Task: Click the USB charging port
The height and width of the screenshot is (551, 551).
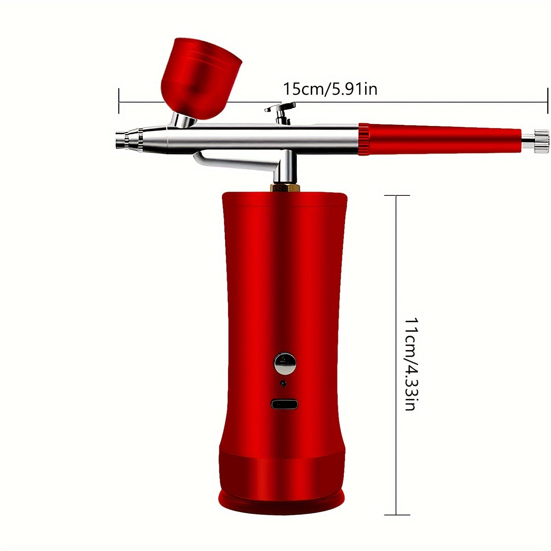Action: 285,404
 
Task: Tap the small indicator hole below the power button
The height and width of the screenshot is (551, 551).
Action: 283,384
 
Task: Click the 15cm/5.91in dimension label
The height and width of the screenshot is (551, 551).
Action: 329,89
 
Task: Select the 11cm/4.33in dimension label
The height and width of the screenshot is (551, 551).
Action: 410,364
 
